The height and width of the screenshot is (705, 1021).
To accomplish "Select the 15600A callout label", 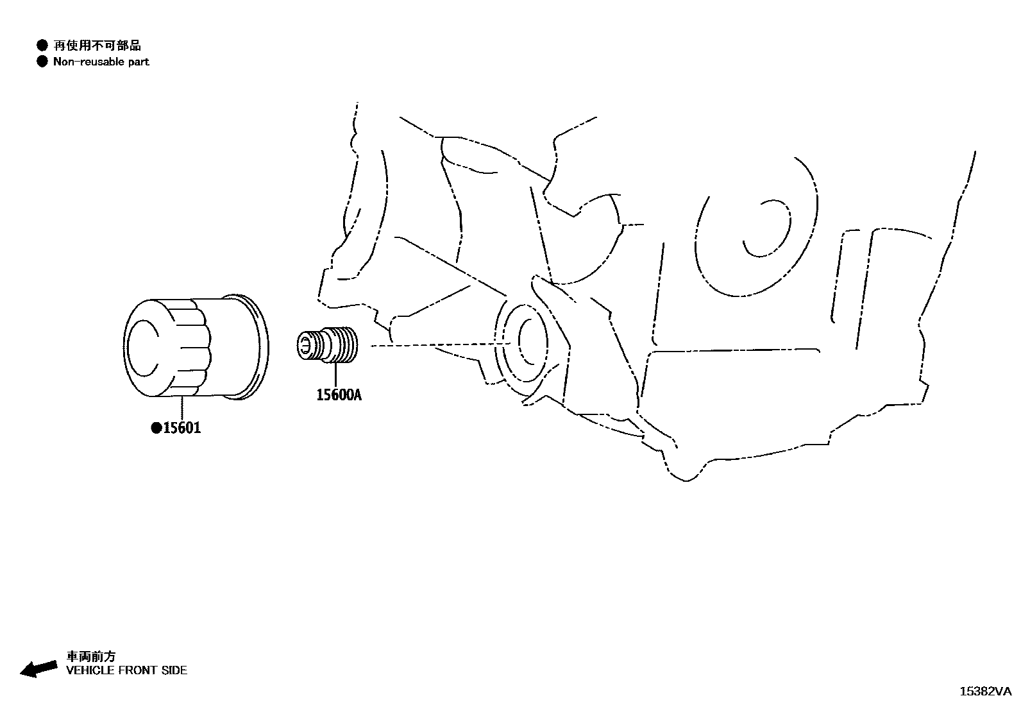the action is pos(339,395).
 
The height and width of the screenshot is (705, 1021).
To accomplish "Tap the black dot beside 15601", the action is pos(156,428).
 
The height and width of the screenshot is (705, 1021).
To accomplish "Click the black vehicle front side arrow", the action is pos(38,668).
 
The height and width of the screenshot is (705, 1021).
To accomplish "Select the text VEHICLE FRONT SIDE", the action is pos(127,670).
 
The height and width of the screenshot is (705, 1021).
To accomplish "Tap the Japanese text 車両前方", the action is pos(91,656).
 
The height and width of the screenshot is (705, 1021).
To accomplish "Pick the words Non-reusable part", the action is pos(101,62).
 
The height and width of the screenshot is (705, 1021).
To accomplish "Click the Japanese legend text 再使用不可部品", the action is pos(97,46).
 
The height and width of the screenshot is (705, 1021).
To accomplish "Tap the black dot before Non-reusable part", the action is pos(42,62).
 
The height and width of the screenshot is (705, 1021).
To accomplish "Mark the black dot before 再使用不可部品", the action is pos(42,45).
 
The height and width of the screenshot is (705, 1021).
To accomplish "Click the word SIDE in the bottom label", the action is pos(174,670).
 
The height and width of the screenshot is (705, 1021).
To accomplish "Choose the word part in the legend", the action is pos(138,62).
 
